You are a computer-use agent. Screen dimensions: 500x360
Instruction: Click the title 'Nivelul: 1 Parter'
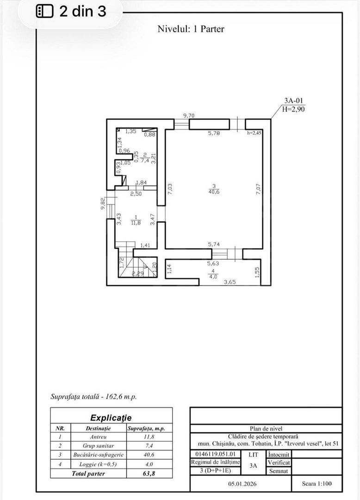tap(191, 29)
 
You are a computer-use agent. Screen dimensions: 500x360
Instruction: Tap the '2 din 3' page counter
tap(72, 12)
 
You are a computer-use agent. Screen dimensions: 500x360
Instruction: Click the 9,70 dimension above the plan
tap(188, 115)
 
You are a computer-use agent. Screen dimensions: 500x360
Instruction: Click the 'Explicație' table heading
tap(111, 418)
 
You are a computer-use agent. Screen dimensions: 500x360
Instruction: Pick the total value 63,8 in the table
tap(149, 473)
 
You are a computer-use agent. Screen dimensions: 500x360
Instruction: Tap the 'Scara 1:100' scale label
tap(317, 484)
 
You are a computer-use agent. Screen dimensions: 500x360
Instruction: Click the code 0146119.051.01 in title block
tap(213, 454)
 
